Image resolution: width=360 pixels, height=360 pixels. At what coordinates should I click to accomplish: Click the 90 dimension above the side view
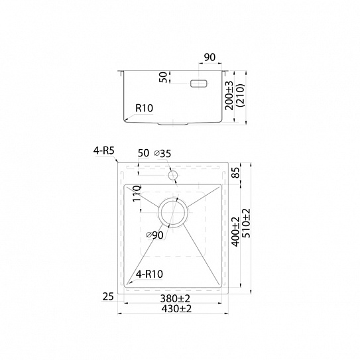(x=210, y=57)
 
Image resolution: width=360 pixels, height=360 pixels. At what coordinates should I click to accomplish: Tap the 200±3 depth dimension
(x=229, y=95)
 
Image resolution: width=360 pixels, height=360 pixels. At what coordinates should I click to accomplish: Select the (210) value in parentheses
(x=241, y=95)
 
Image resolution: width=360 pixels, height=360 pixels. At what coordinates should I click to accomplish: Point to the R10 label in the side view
(x=144, y=108)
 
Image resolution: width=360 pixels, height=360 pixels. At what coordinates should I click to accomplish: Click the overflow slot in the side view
(x=199, y=84)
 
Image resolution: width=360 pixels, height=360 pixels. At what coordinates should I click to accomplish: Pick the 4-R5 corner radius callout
(x=104, y=151)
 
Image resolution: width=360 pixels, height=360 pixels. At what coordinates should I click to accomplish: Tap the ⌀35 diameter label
(x=163, y=154)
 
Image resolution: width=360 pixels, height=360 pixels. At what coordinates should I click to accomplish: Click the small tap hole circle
(x=172, y=176)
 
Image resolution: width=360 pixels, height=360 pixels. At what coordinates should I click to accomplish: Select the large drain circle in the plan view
(x=173, y=200)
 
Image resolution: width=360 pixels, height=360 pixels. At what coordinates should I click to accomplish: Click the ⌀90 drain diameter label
(x=155, y=235)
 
